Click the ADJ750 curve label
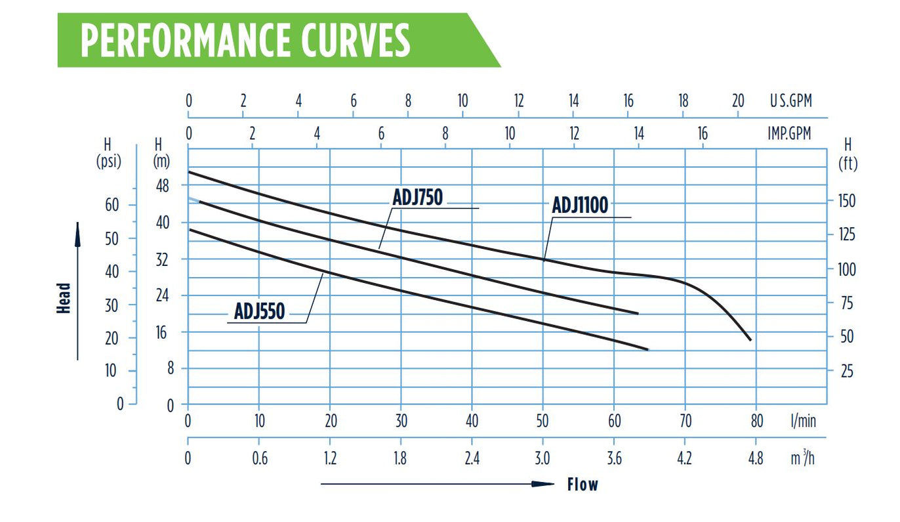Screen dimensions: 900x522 pyautogui.click(x=417, y=197)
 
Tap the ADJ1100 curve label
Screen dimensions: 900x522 pyautogui.click(x=580, y=205)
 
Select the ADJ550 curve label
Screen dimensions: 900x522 pyautogui.click(x=260, y=311)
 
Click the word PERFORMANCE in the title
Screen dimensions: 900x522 pyautogui.click(x=185, y=40)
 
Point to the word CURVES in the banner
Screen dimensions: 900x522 pyautogui.click(x=356, y=40)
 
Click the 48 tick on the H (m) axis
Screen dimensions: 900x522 pyautogui.click(x=162, y=186)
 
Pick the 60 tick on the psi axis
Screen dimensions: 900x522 pyautogui.click(x=112, y=205)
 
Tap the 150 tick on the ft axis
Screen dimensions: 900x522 pyautogui.click(x=847, y=201)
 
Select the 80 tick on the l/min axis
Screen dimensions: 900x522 pyautogui.click(x=756, y=421)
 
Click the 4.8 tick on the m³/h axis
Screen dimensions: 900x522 pyautogui.click(x=756, y=458)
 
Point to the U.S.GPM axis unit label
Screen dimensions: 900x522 pyautogui.click(x=790, y=100)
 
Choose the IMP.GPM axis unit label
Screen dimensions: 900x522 pyautogui.click(x=789, y=133)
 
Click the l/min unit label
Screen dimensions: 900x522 pyautogui.click(x=803, y=421)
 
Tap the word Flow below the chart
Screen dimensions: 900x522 pyautogui.click(x=583, y=484)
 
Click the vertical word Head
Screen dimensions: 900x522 pyautogui.click(x=64, y=298)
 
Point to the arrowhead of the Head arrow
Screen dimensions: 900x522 pyautogui.click(x=77, y=234)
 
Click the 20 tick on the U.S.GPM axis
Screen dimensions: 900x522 pyautogui.click(x=738, y=100)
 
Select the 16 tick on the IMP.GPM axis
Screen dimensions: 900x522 pyautogui.click(x=703, y=133)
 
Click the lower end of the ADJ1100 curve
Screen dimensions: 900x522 pyautogui.click(x=750, y=340)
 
